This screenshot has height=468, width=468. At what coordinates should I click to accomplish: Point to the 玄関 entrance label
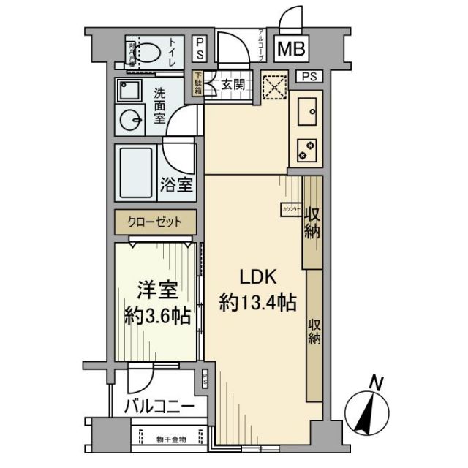tap(233, 84)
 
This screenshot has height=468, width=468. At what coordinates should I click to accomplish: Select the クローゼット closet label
tap(154, 220)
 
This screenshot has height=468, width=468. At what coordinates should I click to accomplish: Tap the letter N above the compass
tap(376, 382)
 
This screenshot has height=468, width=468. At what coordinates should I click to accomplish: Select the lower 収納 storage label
tap(314, 333)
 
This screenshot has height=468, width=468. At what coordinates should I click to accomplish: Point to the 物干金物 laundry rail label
tap(172, 439)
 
